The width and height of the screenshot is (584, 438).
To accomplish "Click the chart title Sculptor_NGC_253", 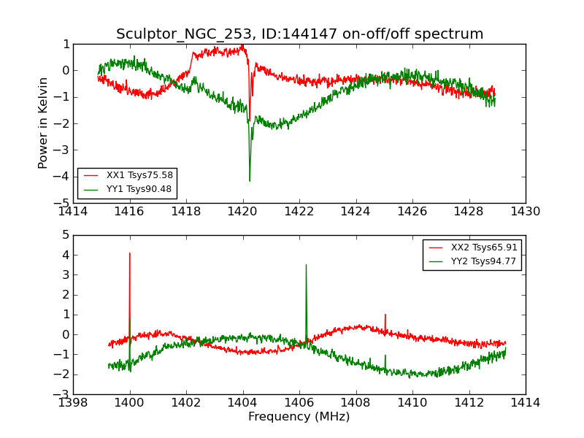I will [x=299, y=34].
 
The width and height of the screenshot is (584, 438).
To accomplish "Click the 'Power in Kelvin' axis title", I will [x=44, y=123].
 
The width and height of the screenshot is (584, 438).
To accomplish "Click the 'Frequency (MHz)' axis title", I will [x=299, y=417].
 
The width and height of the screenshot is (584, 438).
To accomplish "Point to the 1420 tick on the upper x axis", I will [x=242, y=212].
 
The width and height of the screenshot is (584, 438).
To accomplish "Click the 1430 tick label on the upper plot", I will [x=525, y=212].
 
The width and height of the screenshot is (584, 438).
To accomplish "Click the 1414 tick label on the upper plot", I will [x=73, y=212].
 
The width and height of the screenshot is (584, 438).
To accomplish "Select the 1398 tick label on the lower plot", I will [x=73, y=403].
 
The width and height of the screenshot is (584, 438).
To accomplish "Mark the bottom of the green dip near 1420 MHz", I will [x=250, y=181].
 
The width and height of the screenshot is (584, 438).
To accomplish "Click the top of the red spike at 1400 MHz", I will [x=130, y=253].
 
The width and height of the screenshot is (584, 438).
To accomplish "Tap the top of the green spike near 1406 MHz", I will [x=306, y=265].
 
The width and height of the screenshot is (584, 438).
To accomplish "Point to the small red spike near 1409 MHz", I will [x=385, y=315].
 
